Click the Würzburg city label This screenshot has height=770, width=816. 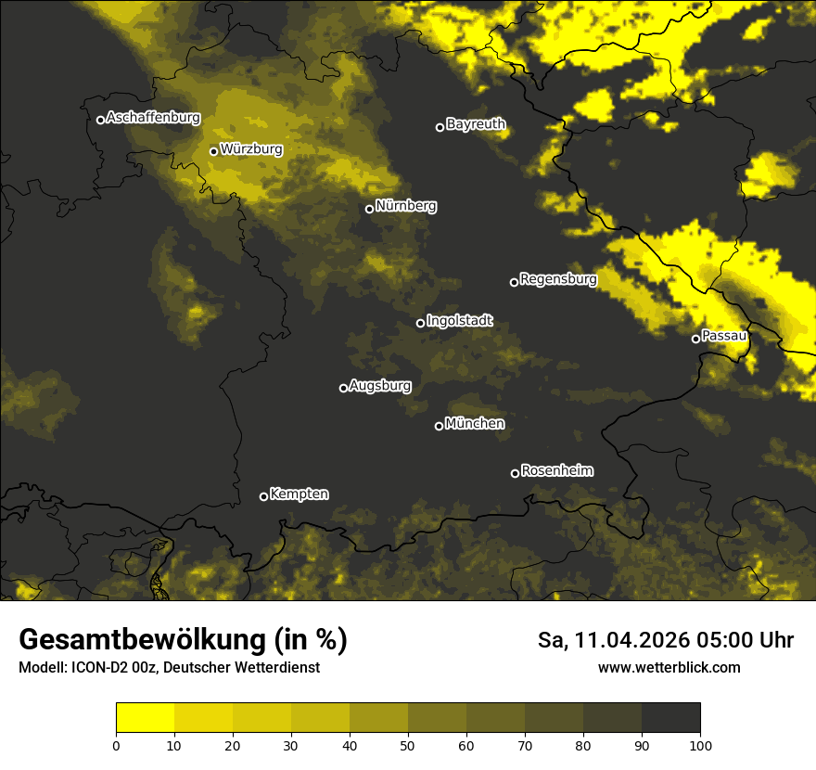(251, 148)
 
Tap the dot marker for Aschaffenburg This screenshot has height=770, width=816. (100, 120)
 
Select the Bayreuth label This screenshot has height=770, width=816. (476, 123)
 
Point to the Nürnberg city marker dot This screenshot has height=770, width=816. (369, 209)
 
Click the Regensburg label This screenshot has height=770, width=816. (558, 278)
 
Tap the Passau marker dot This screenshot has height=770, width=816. (695, 339)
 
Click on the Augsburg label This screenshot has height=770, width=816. (380, 385)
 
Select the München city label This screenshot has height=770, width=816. (475, 423)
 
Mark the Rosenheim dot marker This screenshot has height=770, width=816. (515, 473)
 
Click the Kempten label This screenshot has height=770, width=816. (299, 494)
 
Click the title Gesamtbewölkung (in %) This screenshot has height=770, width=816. (183, 640)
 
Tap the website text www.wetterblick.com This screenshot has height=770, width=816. (669, 667)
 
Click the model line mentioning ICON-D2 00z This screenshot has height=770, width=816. (169, 667)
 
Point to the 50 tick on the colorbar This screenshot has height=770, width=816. (408, 744)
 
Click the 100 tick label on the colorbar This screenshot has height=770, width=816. (700, 744)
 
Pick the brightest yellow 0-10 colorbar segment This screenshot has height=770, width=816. (145, 718)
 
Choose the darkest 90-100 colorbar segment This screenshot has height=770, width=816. (670, 718)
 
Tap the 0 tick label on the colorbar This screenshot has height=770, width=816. (116, 744)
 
